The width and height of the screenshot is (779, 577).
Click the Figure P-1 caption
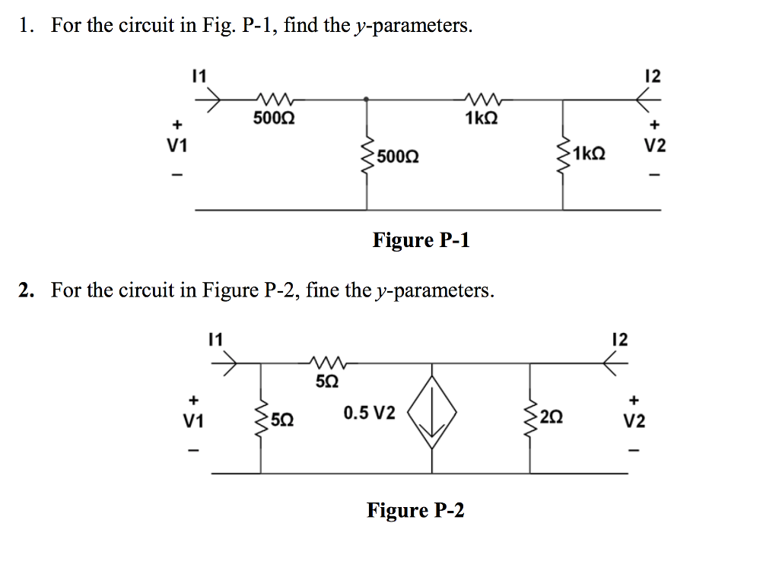[x=421, y=241]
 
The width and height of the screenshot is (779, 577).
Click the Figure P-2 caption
[x=415, y=510]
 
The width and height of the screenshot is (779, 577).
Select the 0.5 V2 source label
[x=369, y=414]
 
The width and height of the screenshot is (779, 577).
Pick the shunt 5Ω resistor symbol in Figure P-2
[x=262, y=418]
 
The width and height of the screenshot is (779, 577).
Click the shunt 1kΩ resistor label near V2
[x=590, y=152]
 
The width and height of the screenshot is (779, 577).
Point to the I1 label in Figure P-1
[x=199, y=76]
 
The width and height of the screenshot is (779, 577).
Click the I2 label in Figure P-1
[x=652, y=76]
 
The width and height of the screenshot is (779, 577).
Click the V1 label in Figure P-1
[x=176, y=146]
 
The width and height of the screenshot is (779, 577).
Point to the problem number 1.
[x=27, y=27]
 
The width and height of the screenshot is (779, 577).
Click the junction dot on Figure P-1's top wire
[x=368, y=99]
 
